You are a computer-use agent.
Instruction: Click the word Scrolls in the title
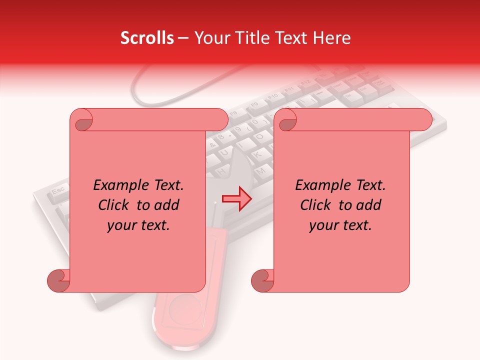coord(147,38)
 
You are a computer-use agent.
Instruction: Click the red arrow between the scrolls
coord(236,198)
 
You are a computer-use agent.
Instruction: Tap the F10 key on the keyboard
coord(273,96)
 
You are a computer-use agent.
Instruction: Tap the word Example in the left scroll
coord(119,185)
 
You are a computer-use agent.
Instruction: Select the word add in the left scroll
coord(167,205)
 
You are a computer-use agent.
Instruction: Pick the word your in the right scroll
coord(322,225)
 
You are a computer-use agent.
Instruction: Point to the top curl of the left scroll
coord(81,120)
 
